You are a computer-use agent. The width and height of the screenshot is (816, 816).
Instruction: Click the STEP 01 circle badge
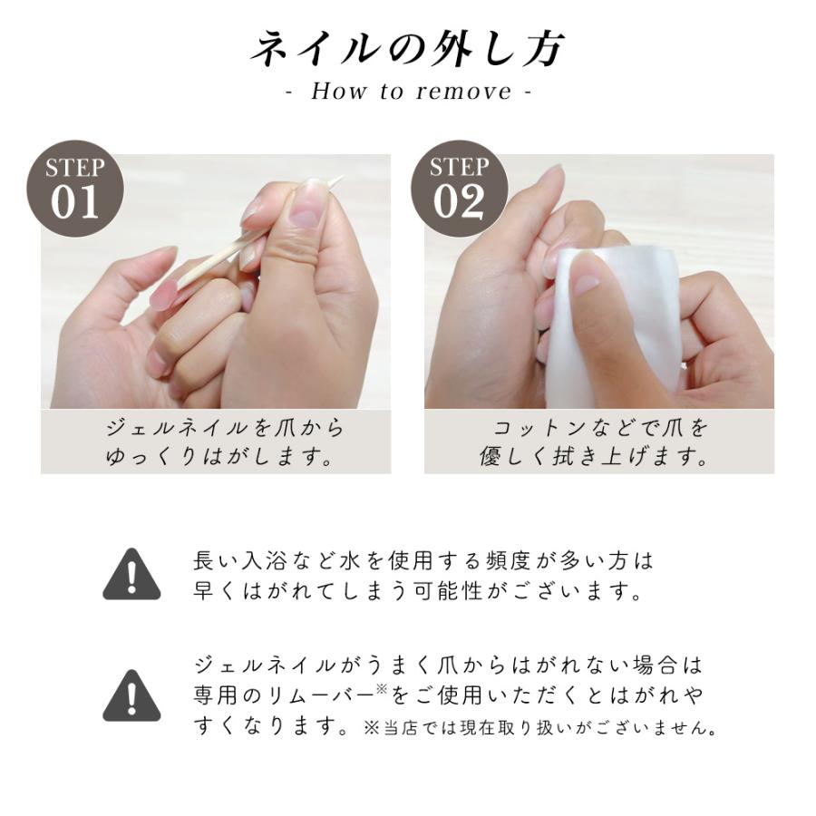click(x=76, y=189)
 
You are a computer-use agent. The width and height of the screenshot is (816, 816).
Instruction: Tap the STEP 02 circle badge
click(x=459, y=189)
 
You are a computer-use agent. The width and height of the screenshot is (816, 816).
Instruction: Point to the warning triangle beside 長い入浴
click(x=131, y=574)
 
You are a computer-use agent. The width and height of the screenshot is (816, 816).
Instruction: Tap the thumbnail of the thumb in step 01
click(x=306, y=211)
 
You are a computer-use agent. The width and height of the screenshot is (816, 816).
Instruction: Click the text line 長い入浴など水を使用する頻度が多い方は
click(x=423, y=560)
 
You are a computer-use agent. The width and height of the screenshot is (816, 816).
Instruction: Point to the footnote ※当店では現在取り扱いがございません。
click(x=541, y=728)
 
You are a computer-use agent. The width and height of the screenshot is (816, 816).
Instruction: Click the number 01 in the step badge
click(x=75, y=203)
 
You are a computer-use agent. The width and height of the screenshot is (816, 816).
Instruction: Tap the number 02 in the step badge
click(x=459, y=203)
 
